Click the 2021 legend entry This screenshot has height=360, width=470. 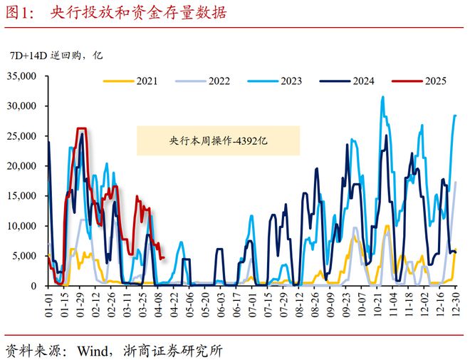[x=130, y=81]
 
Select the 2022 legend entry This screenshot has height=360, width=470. [x=203, y=81]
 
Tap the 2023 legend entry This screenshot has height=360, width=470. [x=275, y=81]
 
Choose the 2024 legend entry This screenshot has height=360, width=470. [x=347, y=81]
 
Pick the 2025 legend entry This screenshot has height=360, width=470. [x=419, y=81]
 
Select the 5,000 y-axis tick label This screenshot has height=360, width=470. [x=24, y=256]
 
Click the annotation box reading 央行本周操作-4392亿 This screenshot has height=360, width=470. [x=218, y=140]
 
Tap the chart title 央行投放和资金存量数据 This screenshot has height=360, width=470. [x=138, y=13]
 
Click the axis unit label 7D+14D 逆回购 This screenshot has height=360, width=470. [x=46, y=56]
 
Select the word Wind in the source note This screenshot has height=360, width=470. [x=93, y=351]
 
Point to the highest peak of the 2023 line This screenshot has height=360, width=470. [x=382, y=97]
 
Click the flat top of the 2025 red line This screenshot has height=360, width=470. [x=81, y=128]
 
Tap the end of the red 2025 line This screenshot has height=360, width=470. [x=164, y=257]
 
